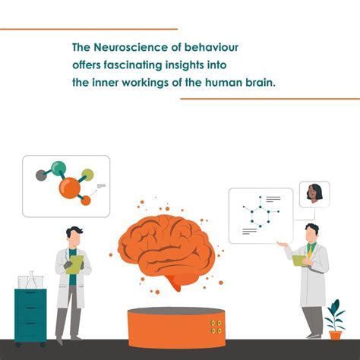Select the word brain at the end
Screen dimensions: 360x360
pyautogui.click(x=258, y=81)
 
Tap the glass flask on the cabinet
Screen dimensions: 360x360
pyautogui.click(x=31, y=280)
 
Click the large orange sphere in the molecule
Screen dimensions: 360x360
pyautogui.click(x=70, y=186)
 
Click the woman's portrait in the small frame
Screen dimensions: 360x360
pyautogui.click(x=313, y=195)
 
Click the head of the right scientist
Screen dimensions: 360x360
pyautogui.click(x=311, y=232)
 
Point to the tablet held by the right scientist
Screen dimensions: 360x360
pyautogui.click(x=298, y=261)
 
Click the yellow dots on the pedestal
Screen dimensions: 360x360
pyautogui.click(x=216, y=327)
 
